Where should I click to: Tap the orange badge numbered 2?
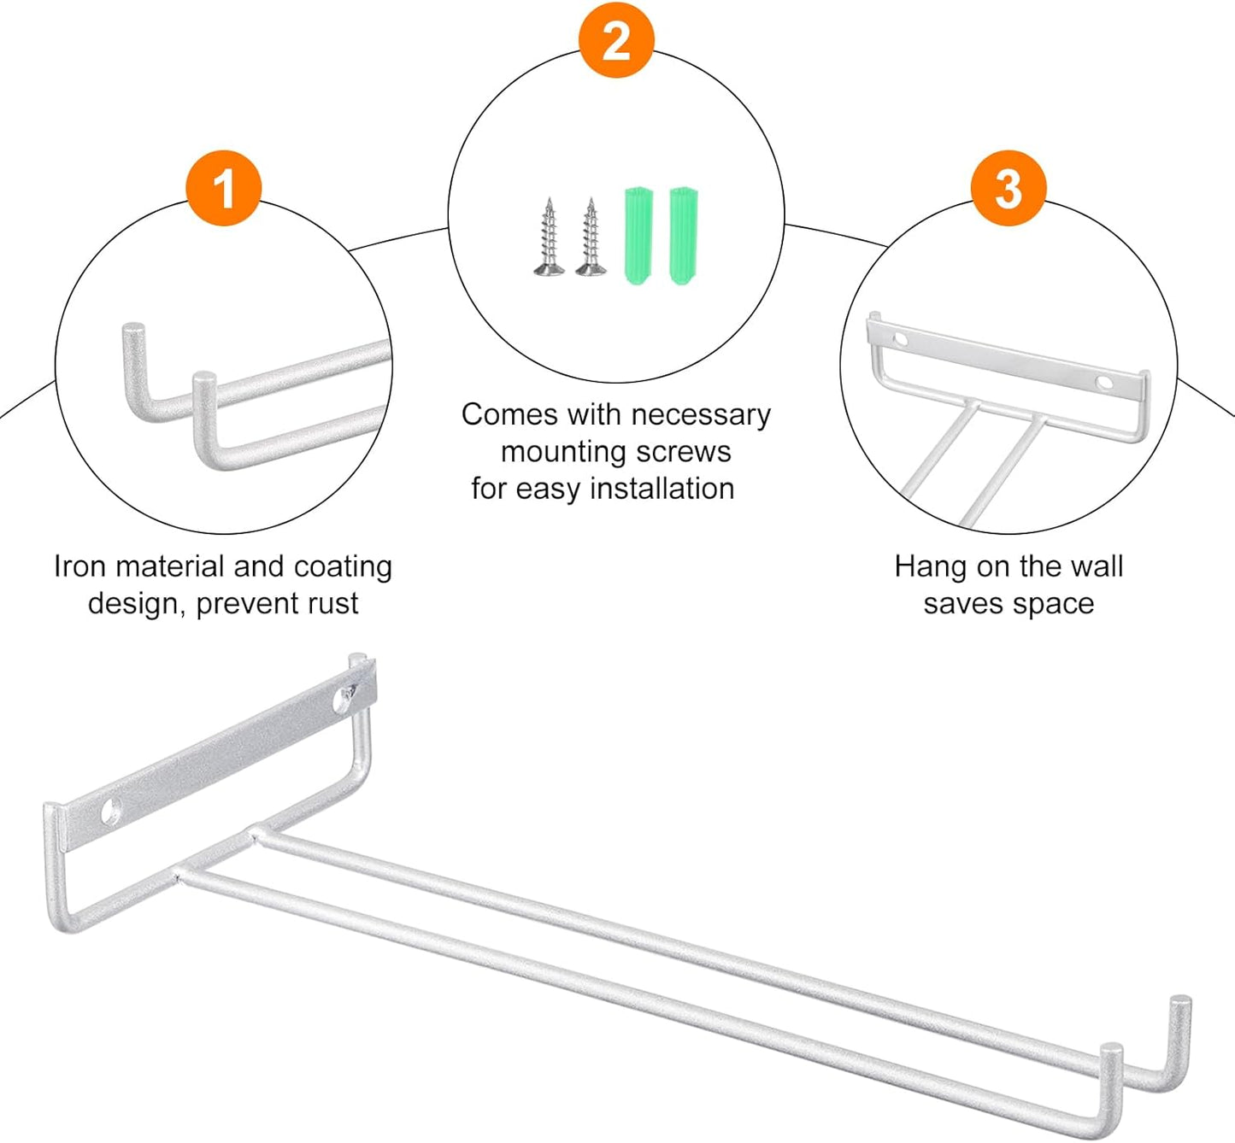(616, 41)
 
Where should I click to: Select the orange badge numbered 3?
(1009, 189)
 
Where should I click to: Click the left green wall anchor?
(638, 235)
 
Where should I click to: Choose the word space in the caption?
(1053, 604)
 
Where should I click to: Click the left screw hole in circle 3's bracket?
(900, 340)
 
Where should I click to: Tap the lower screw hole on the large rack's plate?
(111, 812)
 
